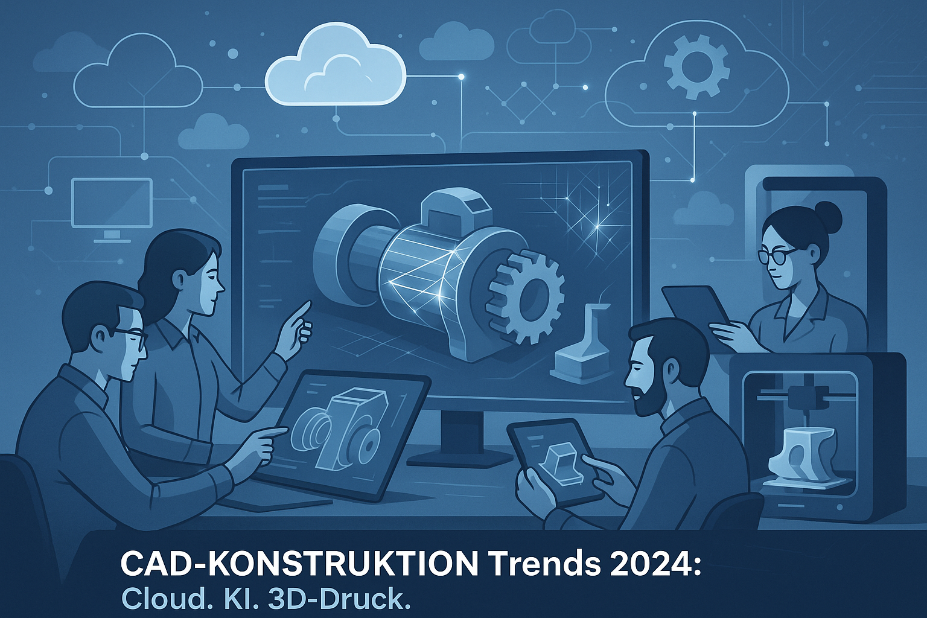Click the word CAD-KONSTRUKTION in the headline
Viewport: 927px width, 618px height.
[299, 564]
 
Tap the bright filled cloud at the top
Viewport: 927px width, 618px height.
[335, 66]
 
